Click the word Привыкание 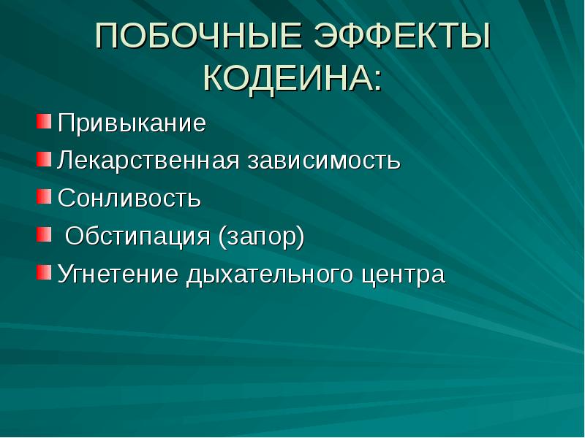tap(132, 123)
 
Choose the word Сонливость tap(129, 198)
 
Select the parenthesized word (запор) tap(260, 237)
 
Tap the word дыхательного tap(270, 274)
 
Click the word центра tap(403, 274)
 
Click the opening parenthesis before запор tap(221, 237)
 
